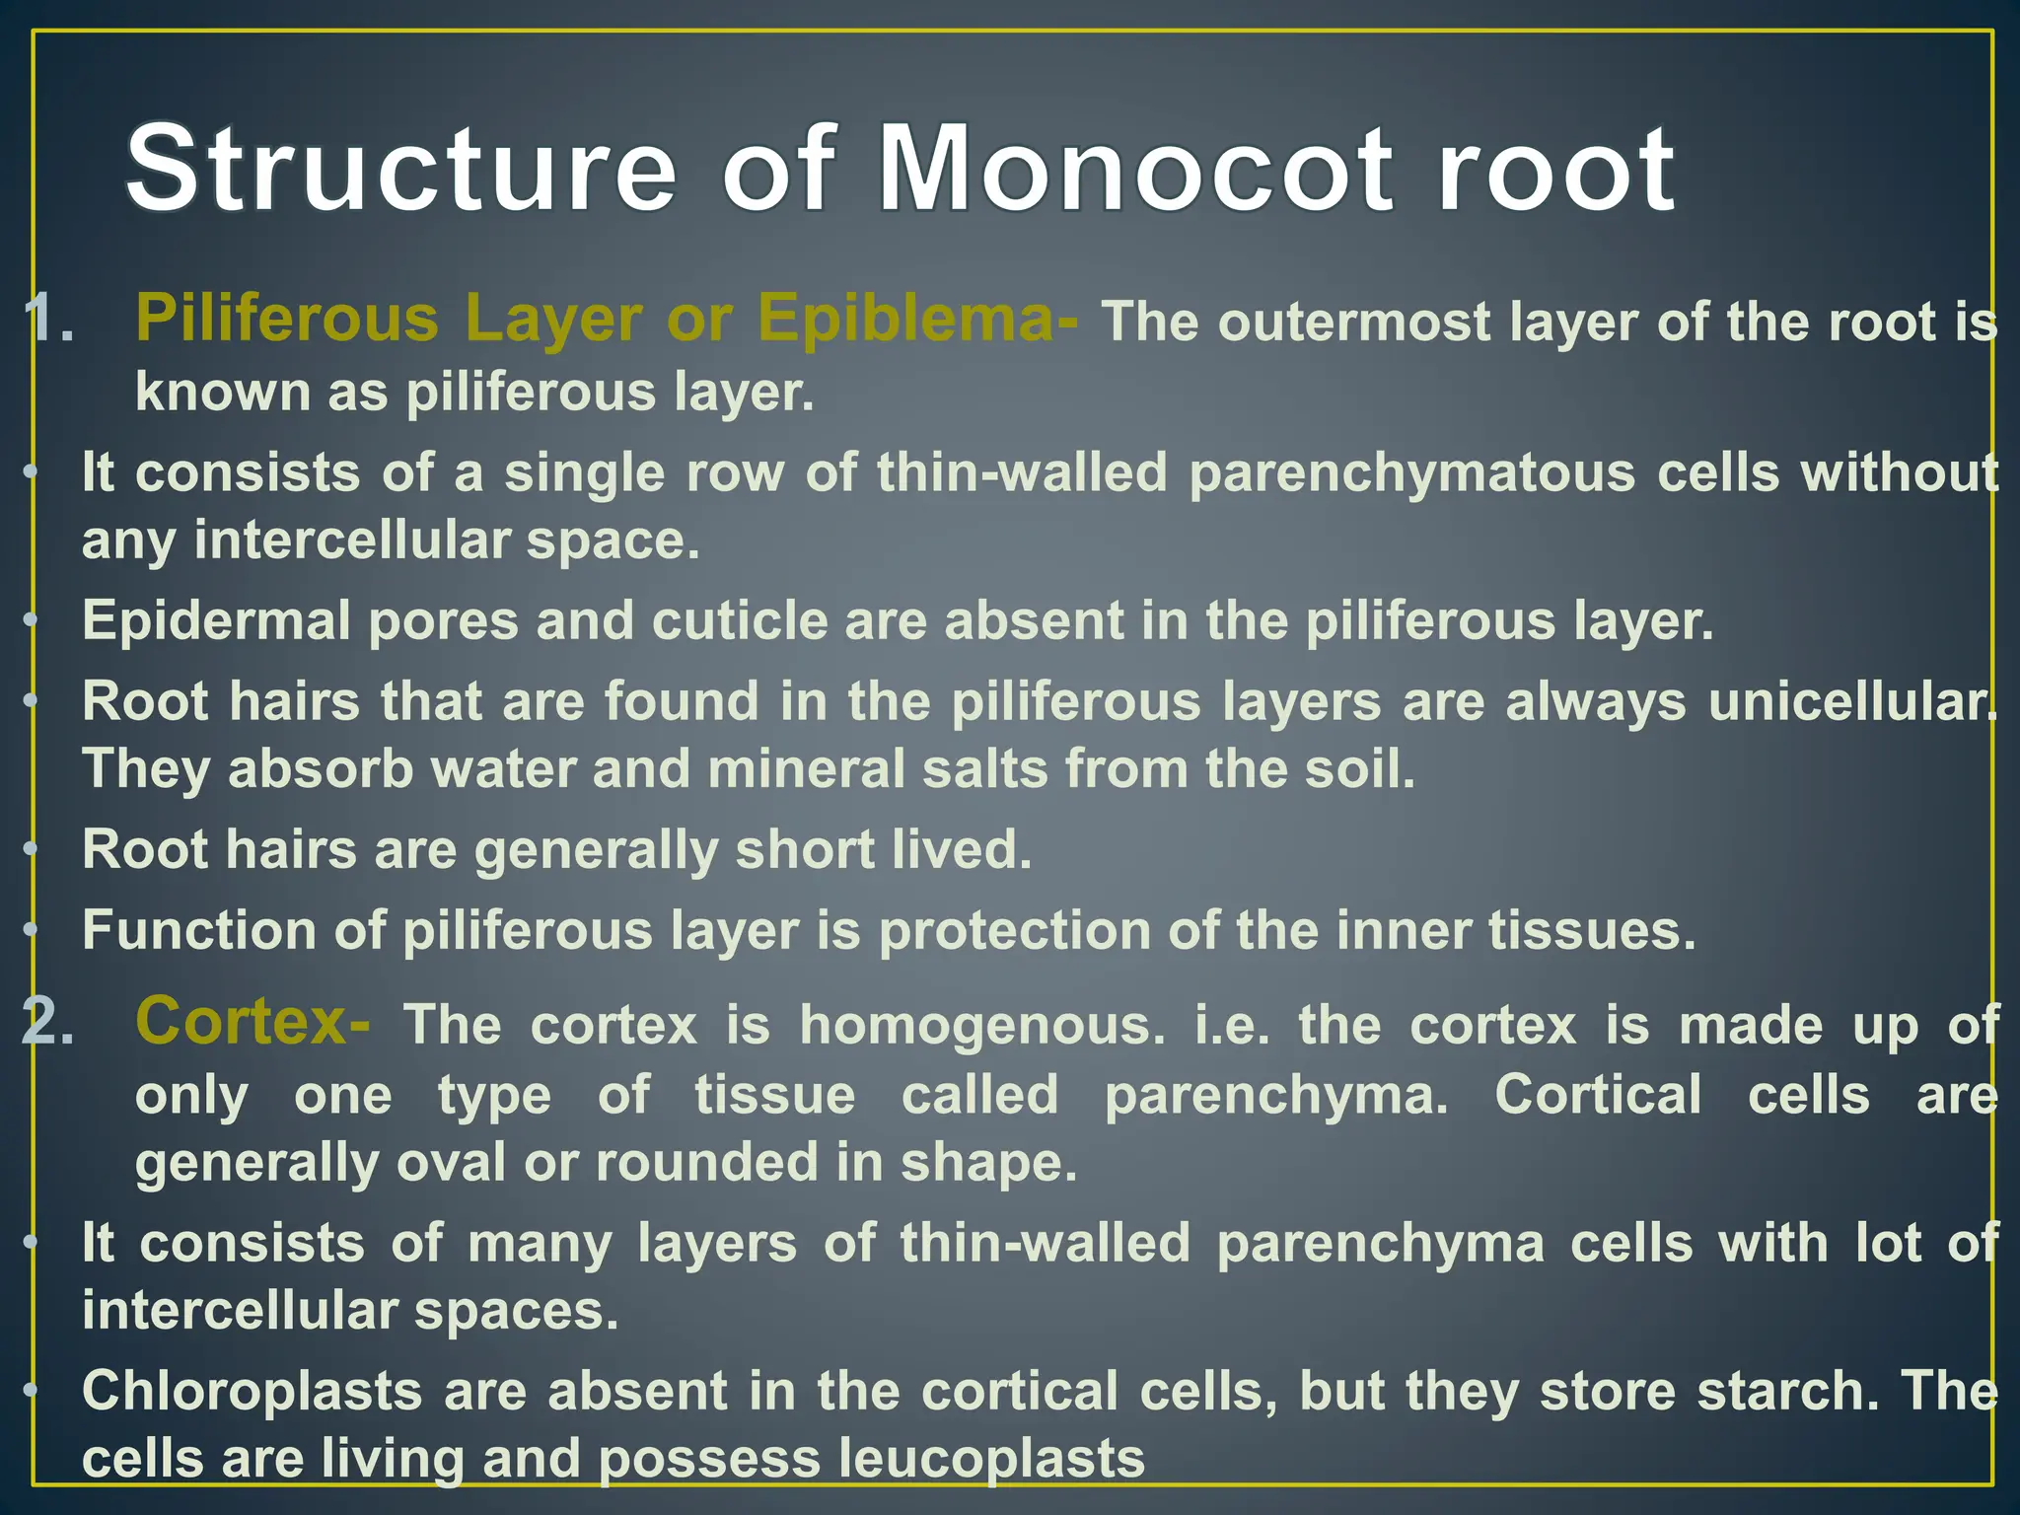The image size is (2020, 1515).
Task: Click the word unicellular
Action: pyautogui.click(x=1850, y=702)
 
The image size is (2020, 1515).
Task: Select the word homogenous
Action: pyautogui.click(x=981, y=1026)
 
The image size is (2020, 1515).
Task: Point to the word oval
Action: pyautogui.click(x=451, y=1163)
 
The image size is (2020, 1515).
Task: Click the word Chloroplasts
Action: pyautogui.click(x=252, y=1393)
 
